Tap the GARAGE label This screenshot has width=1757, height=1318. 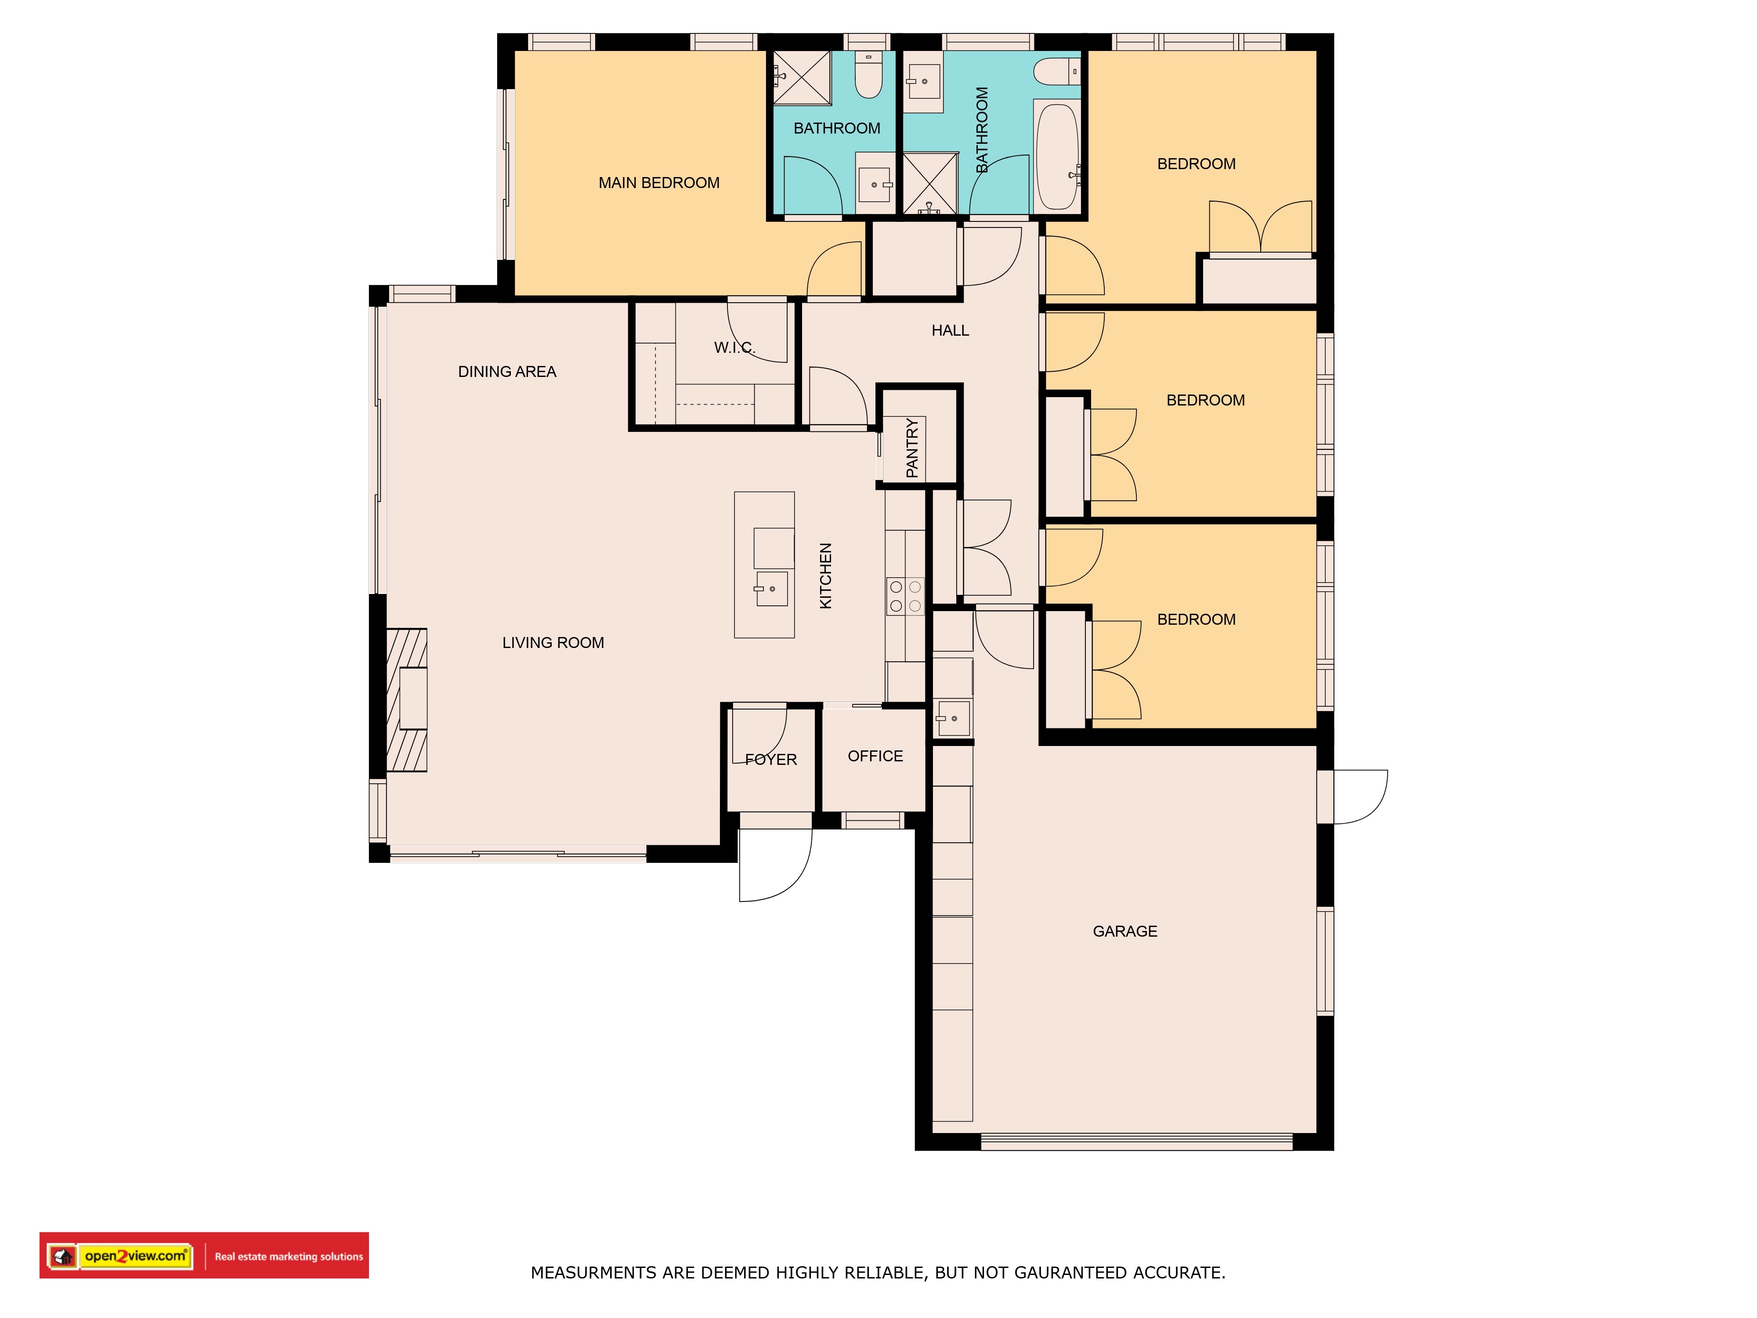point(1125,931)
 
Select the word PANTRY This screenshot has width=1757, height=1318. point(912,448)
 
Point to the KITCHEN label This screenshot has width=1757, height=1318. point(825,576)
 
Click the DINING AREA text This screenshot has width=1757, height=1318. point(507,372)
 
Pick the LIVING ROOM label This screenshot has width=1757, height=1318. point(553,643)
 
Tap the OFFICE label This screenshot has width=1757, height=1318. point(875,757)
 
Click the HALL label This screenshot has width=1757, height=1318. point(950,330)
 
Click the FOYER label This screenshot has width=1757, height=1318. point(770,760)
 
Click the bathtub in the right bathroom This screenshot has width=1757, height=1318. point(1057,156)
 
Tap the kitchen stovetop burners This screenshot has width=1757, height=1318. point(905,596)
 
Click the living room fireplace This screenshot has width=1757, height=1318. point(407,700)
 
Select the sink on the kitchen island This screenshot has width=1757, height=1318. point(771,589)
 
